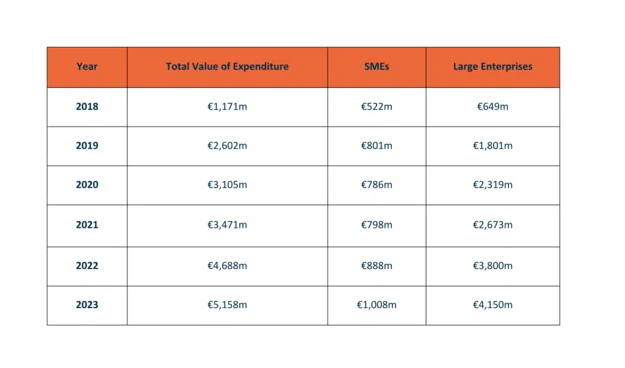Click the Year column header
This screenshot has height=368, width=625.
coord(87,66)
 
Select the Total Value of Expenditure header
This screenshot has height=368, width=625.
coord(227,66)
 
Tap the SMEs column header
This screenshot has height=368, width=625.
coord(377,66)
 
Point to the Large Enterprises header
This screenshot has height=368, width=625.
coord(493,67)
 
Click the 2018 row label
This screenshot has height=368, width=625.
coord(87,106)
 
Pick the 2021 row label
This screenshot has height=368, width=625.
coord(87,225)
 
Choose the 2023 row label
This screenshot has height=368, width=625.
coord(87,305)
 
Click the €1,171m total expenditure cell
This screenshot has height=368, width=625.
coord(227,106)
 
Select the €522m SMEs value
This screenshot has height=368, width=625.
coord(377,106)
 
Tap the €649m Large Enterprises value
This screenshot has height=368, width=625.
coord(493,106)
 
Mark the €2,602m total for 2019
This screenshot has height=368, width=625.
coord(227,145)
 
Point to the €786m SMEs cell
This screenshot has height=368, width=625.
coord(377,184)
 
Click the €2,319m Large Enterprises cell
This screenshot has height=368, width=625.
coord(493,184)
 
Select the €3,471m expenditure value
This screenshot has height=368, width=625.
coord(227,225)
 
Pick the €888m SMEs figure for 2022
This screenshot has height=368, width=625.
coord(377,265)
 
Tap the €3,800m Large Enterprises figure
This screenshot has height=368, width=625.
coord(493,265)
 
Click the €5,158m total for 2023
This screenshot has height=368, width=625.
coord(227,305)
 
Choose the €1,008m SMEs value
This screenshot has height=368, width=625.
coord(377,305)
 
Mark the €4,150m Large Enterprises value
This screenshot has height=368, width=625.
coord(493,305)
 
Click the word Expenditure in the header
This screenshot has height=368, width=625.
coord(261,67)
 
